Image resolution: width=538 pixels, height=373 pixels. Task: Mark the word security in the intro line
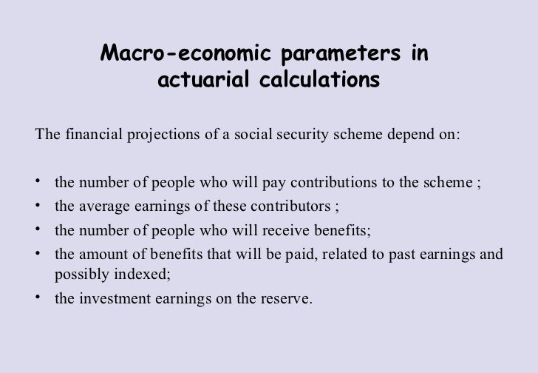(x=327, y=135)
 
